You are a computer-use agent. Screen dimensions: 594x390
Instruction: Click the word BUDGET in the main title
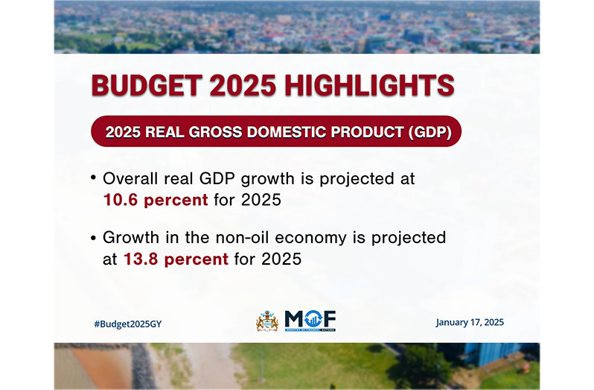click(147, 85)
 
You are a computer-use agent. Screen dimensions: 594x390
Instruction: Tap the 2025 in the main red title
click(243, 85)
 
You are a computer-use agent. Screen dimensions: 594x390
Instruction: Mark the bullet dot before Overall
click(93, 177)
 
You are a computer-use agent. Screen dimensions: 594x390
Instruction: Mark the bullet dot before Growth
click(93, 238)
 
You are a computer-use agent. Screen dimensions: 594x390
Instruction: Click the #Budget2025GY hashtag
click(128, 324)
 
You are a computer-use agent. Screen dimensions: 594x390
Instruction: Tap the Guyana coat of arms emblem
click(267, 321)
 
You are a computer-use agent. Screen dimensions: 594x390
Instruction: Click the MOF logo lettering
click(310, 319)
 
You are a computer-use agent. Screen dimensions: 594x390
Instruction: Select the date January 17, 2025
click(470, 322)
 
